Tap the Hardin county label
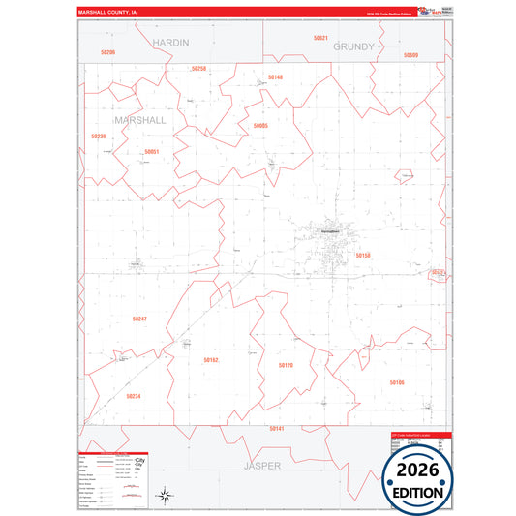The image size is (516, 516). tap(170, 44)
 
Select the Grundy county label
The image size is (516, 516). tap(352, 46)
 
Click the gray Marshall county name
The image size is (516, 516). tap(139, 121)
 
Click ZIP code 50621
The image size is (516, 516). tap(320, 38)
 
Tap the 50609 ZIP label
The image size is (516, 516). tap(410, 55)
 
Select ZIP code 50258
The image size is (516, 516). tap(198, 69)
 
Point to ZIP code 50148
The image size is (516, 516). tap(276, 76)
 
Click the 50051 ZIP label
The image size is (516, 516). tap(151, 152)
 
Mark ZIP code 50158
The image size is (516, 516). tap(363, 255)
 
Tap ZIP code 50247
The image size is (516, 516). tap(139, 319)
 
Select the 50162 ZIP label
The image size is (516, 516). tap(211, 360)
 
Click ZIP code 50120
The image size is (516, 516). tap(286, 365)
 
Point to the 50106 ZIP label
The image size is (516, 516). tap(397, 382)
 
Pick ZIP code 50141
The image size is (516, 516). tap(277, 428)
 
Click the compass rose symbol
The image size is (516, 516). tap(166, 496)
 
